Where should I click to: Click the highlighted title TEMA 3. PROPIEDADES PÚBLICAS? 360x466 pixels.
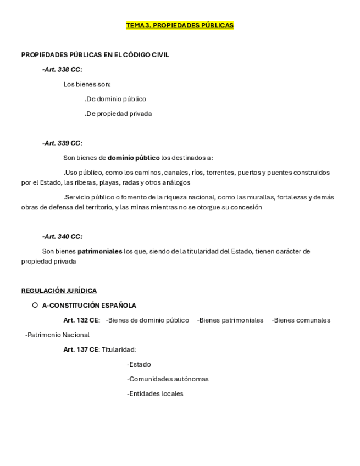pos(180,25)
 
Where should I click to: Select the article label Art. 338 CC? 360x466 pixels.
pos(61,70)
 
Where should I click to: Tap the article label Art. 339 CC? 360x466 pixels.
pos(61,143)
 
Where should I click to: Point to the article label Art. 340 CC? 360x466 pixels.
pos(62,237)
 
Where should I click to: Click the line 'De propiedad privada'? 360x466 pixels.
pos(118,114)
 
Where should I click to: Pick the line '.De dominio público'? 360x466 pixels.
pos(115,99)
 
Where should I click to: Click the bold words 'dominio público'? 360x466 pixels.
pos(134,158)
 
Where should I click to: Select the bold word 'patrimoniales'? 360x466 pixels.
pos(99,251)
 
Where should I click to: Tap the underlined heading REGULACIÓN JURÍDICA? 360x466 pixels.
pos(59,291)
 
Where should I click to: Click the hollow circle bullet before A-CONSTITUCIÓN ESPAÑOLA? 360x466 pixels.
pos(35,305)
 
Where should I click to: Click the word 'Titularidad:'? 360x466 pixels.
pos(119,349)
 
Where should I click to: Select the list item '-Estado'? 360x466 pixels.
pos(139,364)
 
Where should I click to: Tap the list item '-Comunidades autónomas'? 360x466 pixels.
pos(168,379)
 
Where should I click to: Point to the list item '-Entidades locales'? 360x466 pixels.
pos(155,394)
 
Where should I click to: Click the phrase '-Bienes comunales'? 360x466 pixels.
pos(301,320)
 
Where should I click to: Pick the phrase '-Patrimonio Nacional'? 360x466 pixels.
pos(57,335)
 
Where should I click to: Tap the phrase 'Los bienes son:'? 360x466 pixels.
pos(87,85)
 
